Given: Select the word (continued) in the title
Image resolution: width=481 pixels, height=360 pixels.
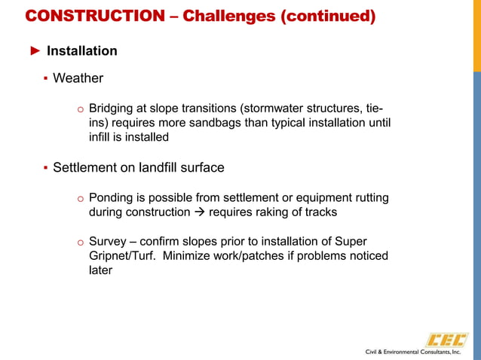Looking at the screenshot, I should click(x=328, y=16).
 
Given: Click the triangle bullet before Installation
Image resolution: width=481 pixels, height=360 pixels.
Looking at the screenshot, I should click(x=35, y=51).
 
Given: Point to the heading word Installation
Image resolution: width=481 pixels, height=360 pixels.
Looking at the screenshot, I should click(x=82, y=51).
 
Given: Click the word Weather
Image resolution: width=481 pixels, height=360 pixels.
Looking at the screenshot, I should click(x=78, y=78).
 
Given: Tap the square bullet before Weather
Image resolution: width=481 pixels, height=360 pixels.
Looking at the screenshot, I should click(x=45, y=78).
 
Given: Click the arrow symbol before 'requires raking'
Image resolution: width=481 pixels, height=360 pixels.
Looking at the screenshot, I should click(x=199, y=212).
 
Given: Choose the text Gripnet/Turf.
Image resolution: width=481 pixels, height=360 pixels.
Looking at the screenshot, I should click(x=124, y=256).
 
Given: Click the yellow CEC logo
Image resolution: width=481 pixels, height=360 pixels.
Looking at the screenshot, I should click(x=446, y=340).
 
